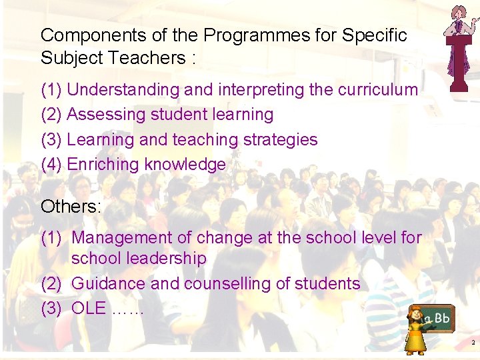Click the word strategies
click(x=280, y=140)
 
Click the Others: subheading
click(x=71, y=207)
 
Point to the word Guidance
click(x=108, y=283)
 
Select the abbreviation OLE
click(x=89, y=309)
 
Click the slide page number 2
click(x=472, y=342)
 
